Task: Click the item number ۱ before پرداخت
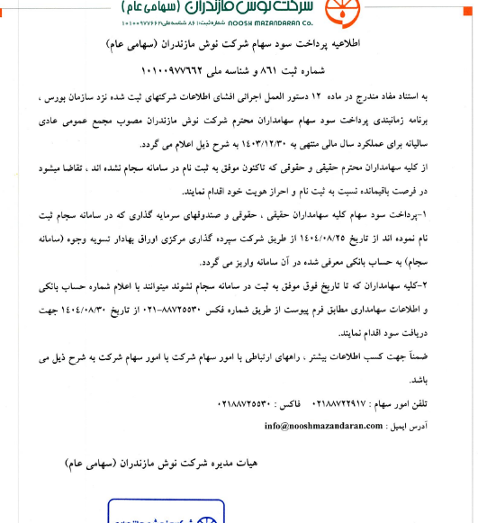tap(462, 212)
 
